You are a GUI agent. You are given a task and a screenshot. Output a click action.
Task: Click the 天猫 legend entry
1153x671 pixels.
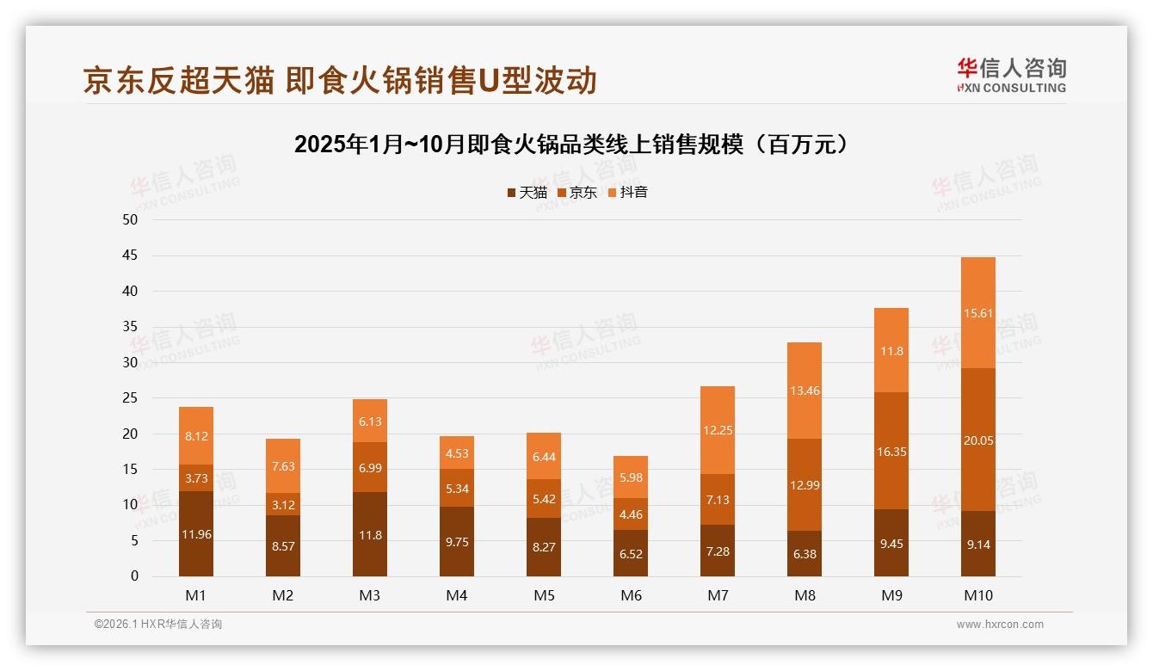click(x=527, y=193)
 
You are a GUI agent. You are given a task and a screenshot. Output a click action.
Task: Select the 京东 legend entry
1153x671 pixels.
click(x=577, y=193)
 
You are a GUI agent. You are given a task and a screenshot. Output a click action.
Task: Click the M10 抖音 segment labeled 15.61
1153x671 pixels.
click(x=977, y=313)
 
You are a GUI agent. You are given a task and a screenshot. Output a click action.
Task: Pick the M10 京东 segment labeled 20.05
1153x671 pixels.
click(x=977, y=440)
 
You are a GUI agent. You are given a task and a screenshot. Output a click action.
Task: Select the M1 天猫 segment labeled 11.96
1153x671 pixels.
click(x=196, y=534)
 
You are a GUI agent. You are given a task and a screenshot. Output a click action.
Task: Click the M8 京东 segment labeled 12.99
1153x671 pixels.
click(x=805, y=484)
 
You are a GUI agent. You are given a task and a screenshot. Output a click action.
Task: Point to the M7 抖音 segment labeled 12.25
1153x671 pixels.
click(x=718, y=430)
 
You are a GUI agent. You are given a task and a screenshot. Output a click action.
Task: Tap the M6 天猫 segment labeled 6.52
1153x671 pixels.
click(x=631, y=553)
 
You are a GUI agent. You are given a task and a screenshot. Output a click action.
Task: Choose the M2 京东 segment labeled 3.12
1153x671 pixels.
click(x=283, y=504)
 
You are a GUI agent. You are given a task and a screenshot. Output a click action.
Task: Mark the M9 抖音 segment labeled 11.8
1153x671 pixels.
click(x=891, y=350)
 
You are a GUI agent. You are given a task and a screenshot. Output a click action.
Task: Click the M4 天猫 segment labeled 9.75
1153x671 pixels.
click(x=457, y=542)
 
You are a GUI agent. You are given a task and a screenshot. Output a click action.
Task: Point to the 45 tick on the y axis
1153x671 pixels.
click(x=130, y=255)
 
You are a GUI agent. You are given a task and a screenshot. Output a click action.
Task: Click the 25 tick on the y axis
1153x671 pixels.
click(x=130, y=398)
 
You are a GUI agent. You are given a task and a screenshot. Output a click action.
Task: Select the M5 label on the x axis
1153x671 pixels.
click(x=544, y=595)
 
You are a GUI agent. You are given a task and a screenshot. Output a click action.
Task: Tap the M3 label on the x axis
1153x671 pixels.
click(x=370, y=595)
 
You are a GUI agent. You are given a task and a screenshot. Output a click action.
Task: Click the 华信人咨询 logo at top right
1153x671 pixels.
click(x=1011, y=75)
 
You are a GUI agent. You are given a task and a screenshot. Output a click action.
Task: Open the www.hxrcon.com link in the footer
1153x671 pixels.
click(x=1000, y=625)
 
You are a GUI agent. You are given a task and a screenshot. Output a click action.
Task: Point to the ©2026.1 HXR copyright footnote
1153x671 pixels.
click(x=158, y=625)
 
